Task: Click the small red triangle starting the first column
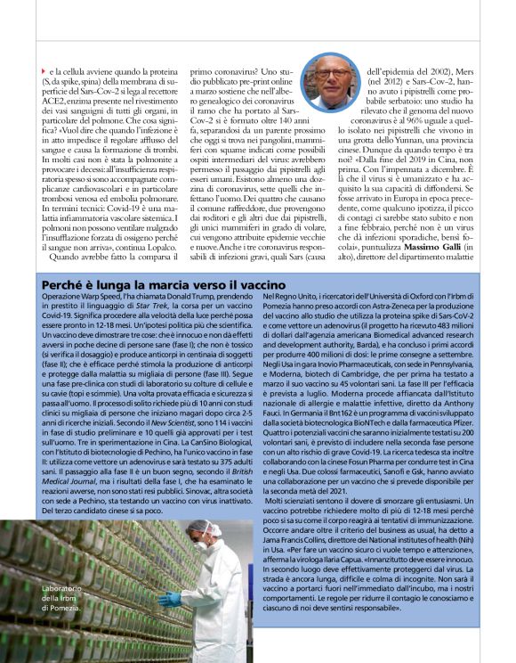pyautogui.click(x=44, y=70)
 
